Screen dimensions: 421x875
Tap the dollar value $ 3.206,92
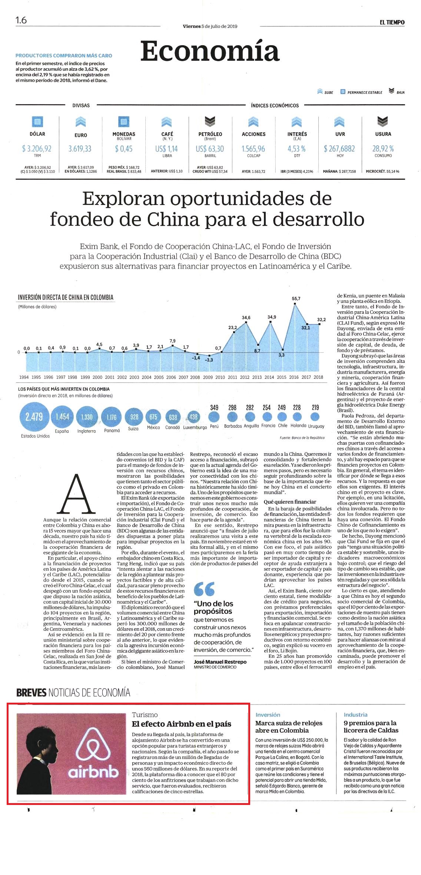(37, 149)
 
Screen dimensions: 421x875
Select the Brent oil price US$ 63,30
(210, 149)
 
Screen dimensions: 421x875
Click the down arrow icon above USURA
(383, 121)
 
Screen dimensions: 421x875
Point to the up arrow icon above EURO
(81, 121)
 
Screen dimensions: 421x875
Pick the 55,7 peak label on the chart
(296, 298)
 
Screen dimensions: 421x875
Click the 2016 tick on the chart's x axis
(294, 377)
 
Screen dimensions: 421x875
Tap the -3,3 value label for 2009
(209, 360)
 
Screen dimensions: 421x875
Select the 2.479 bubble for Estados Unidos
(34, 417)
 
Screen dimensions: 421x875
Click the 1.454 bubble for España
(62, 417)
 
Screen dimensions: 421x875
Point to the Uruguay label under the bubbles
(316, 426)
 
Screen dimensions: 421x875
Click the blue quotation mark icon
(204, 589)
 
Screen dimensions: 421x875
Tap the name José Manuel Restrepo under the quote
(220, 662)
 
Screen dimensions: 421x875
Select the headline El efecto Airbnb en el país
(182, 724)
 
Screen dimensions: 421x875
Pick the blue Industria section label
(355, 715)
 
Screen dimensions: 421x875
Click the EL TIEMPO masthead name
(392, 22)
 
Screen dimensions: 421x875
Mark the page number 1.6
(21, 20)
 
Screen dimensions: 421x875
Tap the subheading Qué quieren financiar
(290, 502)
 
